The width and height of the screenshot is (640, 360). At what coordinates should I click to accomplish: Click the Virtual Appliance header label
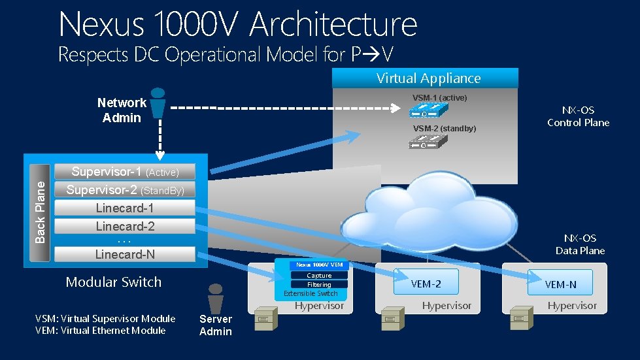428,78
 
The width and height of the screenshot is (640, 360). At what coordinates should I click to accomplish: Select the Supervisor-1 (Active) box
124,172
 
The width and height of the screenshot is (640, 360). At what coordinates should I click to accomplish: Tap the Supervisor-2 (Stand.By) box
124,190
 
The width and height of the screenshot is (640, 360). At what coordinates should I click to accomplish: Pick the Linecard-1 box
124,208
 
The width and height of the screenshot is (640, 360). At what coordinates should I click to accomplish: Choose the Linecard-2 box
124,226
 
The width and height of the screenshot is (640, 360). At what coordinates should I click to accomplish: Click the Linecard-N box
124,254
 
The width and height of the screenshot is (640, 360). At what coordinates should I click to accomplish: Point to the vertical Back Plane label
41,211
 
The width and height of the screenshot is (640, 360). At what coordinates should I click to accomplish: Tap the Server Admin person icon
215,299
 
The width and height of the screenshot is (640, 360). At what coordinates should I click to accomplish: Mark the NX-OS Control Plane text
578,117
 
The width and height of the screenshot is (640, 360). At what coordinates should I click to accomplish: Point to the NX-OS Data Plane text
580,244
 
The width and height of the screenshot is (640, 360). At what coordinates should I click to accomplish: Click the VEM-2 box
426,284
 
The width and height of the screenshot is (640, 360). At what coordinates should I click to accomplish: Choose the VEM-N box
560,284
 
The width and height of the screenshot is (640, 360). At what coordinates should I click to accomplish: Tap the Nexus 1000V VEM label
319,265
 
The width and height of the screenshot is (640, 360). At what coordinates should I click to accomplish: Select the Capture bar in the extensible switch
319,276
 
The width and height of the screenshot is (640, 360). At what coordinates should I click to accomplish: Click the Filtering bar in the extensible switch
319,285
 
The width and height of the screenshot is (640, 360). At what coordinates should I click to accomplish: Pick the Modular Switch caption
113,282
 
